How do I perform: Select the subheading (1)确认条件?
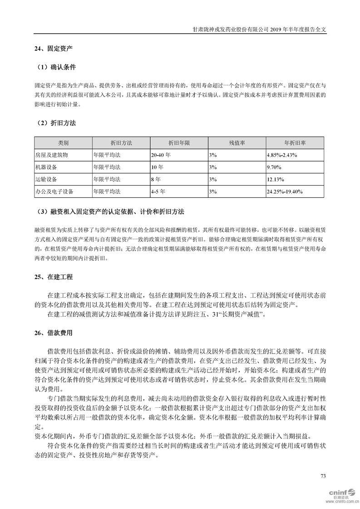tap(56, 67)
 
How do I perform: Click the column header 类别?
tap(63, 143)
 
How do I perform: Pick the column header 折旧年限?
tap(179, 143)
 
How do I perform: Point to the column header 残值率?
tap(237, 143)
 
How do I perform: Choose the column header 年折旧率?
tap(295, 143)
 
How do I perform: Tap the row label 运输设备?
tap(46, 179)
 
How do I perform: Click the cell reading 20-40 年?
tap(161, 155)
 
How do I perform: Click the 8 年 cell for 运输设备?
tap(156, 179)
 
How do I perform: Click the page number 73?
tap(323, 476)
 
